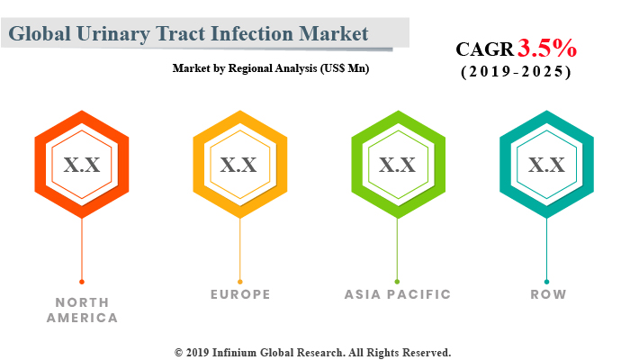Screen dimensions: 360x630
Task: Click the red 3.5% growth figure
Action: coord(546,48)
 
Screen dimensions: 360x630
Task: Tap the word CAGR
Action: coord(484,49)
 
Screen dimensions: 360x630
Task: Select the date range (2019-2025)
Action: coord(516,72)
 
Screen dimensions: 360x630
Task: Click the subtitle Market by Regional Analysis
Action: coord(270,67)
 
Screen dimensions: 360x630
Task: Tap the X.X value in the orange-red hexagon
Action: coord(82,165)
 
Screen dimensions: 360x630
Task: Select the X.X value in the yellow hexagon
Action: coord(238,165)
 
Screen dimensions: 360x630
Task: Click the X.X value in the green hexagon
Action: coord(397,165)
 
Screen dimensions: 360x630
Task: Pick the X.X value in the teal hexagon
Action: coord(546,165)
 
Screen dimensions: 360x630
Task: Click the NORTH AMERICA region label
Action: coord(82,310)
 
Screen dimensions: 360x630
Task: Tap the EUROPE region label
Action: coord(239,294)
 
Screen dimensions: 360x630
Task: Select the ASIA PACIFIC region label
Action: coord(397,294)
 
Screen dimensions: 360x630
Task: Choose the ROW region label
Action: coord(546,294)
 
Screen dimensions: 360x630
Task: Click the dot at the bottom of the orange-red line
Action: coord(82,282)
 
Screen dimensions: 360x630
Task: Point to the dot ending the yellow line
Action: coord(238,282)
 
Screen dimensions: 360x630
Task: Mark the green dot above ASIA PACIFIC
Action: coord(397,282)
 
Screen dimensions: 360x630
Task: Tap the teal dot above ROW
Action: coord(546,282)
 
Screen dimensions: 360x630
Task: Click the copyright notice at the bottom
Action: coord(312,352)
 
